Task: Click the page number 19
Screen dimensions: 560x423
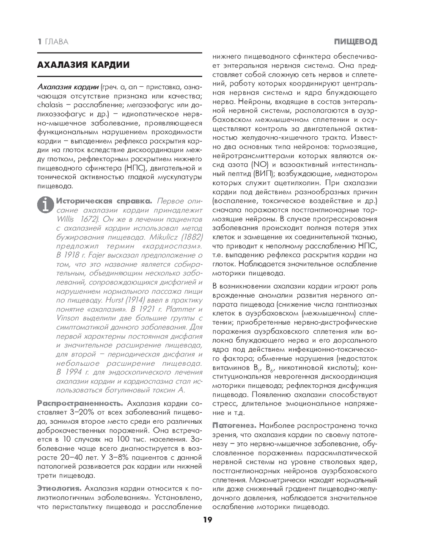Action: (207, 520)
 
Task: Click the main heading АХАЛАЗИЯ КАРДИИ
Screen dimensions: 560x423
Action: (83, 65)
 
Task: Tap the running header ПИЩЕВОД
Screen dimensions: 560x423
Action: (355, 41)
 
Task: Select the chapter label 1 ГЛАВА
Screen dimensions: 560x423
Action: (53, 41)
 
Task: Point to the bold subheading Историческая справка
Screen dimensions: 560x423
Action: (104, 201)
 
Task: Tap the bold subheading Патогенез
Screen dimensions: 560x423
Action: (234, 425)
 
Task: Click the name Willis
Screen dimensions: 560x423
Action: (66, 219)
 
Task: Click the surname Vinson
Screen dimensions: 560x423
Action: (67, 318)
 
